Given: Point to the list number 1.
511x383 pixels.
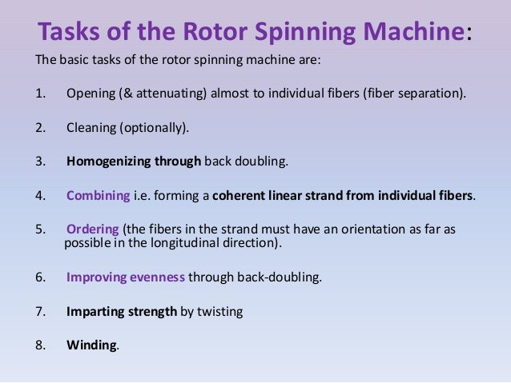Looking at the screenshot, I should pyautogui.click(x=40, y=93).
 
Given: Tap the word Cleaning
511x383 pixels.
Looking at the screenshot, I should pyautogui.click(x=91, y=126).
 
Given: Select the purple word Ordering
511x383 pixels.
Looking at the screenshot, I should pyautogui.click(x=91, y=229).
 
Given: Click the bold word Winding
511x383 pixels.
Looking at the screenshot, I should pyautogui.click(x=91, y=345).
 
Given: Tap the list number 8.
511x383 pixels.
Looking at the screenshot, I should pyautogui.click(x=40, y=345).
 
